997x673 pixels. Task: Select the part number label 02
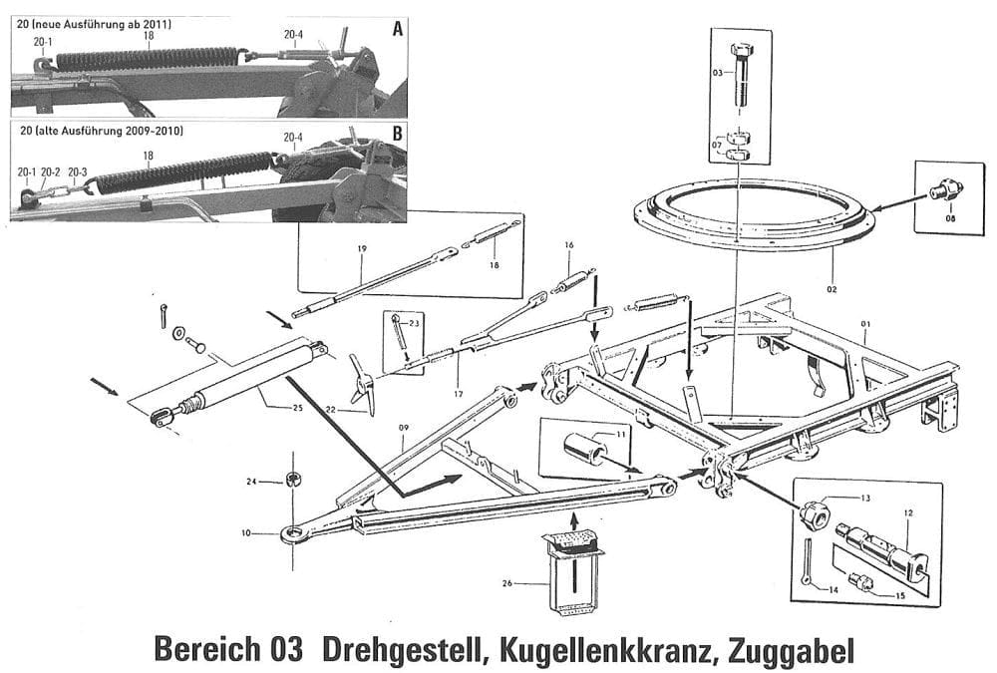coord(832,288)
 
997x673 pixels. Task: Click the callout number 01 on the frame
coord(865,324)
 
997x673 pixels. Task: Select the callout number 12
coord(907,513)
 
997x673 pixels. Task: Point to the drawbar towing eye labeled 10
coord(292,534)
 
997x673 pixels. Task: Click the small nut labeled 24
coord(294,481)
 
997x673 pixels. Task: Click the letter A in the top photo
coord(398,29)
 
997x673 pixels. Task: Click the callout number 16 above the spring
coord(569,244)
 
